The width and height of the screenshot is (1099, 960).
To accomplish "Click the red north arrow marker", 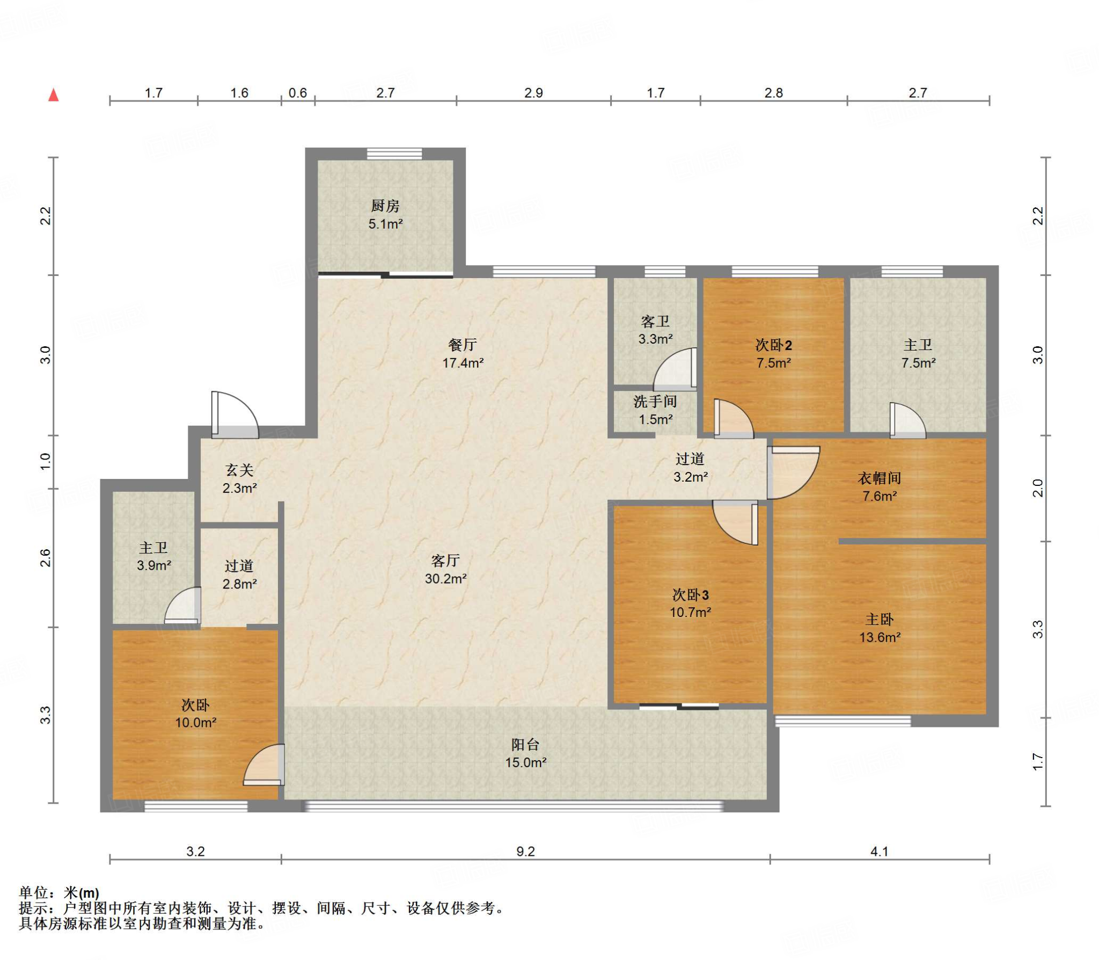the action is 54,95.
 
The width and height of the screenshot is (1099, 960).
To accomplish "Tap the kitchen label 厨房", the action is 385,206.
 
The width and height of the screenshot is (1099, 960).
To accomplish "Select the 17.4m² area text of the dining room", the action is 463,363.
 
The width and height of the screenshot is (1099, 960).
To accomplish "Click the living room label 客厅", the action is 445,561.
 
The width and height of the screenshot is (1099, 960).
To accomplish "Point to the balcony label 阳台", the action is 525,745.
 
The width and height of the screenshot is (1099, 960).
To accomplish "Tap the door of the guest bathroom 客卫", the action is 675,369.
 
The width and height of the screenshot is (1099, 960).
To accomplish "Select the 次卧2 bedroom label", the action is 774,345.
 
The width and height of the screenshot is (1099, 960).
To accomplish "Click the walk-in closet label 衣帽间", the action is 880,478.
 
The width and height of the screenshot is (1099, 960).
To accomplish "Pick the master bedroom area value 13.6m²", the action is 880,637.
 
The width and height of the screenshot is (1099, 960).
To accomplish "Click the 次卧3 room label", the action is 691,595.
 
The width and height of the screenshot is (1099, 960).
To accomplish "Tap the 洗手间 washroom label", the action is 655,401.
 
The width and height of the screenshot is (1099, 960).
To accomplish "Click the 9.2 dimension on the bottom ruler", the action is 526,852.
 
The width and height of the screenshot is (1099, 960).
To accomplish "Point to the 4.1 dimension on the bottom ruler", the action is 880,852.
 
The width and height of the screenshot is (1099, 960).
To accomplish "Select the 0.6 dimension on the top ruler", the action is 298,93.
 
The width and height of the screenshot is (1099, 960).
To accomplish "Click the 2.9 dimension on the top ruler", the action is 534,93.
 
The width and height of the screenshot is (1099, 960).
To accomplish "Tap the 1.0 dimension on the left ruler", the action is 46,461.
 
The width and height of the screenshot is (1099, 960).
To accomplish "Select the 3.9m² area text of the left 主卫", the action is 154,565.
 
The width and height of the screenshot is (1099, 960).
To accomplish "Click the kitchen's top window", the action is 394,154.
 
